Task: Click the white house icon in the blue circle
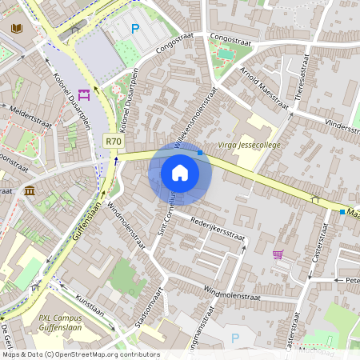pyautogui.click(x=180, y=172)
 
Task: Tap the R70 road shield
pyautogui.click(x=114, y=142)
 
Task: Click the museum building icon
pyautogui.click(x=30, y=190)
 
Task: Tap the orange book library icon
pyautogui.click(x=16, y=29)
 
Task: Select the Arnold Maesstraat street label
pyautogui.click(x=263, y=88)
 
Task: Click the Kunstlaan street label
pyautogui.click(x=90, y=306)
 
